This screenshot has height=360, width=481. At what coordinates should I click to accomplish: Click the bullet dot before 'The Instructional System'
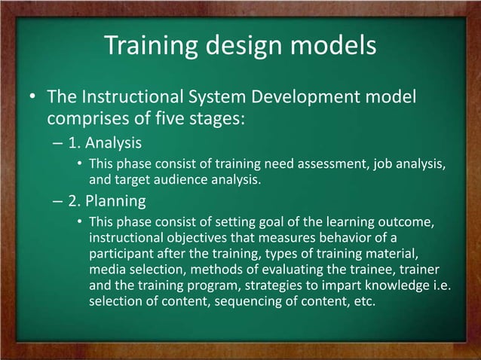[x=33, y=99]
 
